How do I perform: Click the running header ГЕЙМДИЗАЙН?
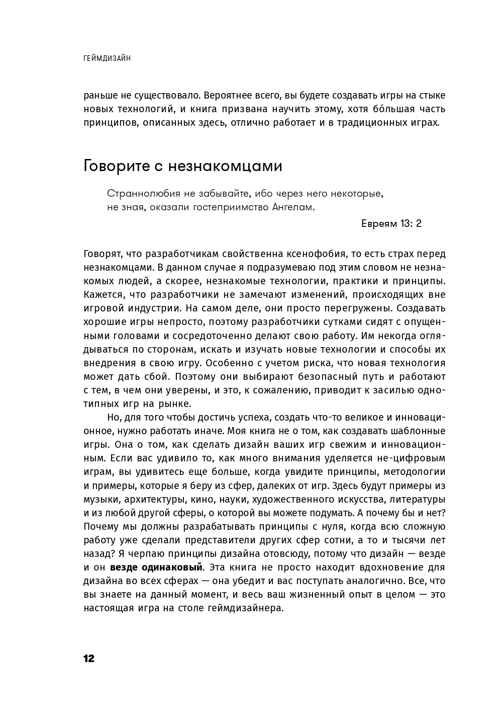pyautogui.click(x=107, y=58)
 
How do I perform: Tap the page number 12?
pyautogui.click(x=89, y=659)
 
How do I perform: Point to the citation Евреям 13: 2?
pyautogui.click(x=391, y=224)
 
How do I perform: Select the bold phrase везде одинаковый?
pyautogui.click(x=156, y=568)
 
